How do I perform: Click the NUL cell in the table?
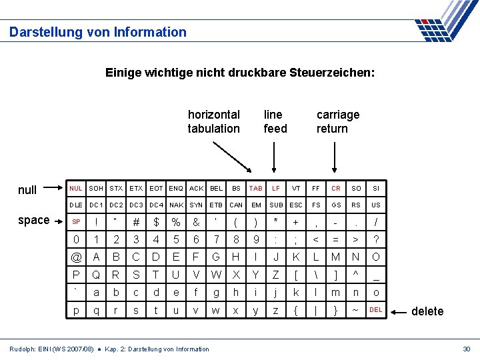coord(76,189)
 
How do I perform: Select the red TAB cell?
coord(255,189)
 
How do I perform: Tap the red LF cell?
coord(275,189)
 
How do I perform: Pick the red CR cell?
coord(336,189)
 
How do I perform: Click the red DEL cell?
coord(376,310)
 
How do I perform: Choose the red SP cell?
coord(76,221)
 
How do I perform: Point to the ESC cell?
coord(296,205)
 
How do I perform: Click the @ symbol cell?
coord(76,257)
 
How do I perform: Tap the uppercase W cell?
coord(216,275)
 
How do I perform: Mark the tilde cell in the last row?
coord(356,311)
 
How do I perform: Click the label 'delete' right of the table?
coord(427,311)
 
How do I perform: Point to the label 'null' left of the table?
coord(27,190)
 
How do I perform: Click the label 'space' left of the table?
coord(34,220)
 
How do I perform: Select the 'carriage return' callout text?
coord(337,121)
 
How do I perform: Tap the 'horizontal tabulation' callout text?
coord(213,121)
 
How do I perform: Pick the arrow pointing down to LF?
coord(275,158)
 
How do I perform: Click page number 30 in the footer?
coord(466,349)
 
